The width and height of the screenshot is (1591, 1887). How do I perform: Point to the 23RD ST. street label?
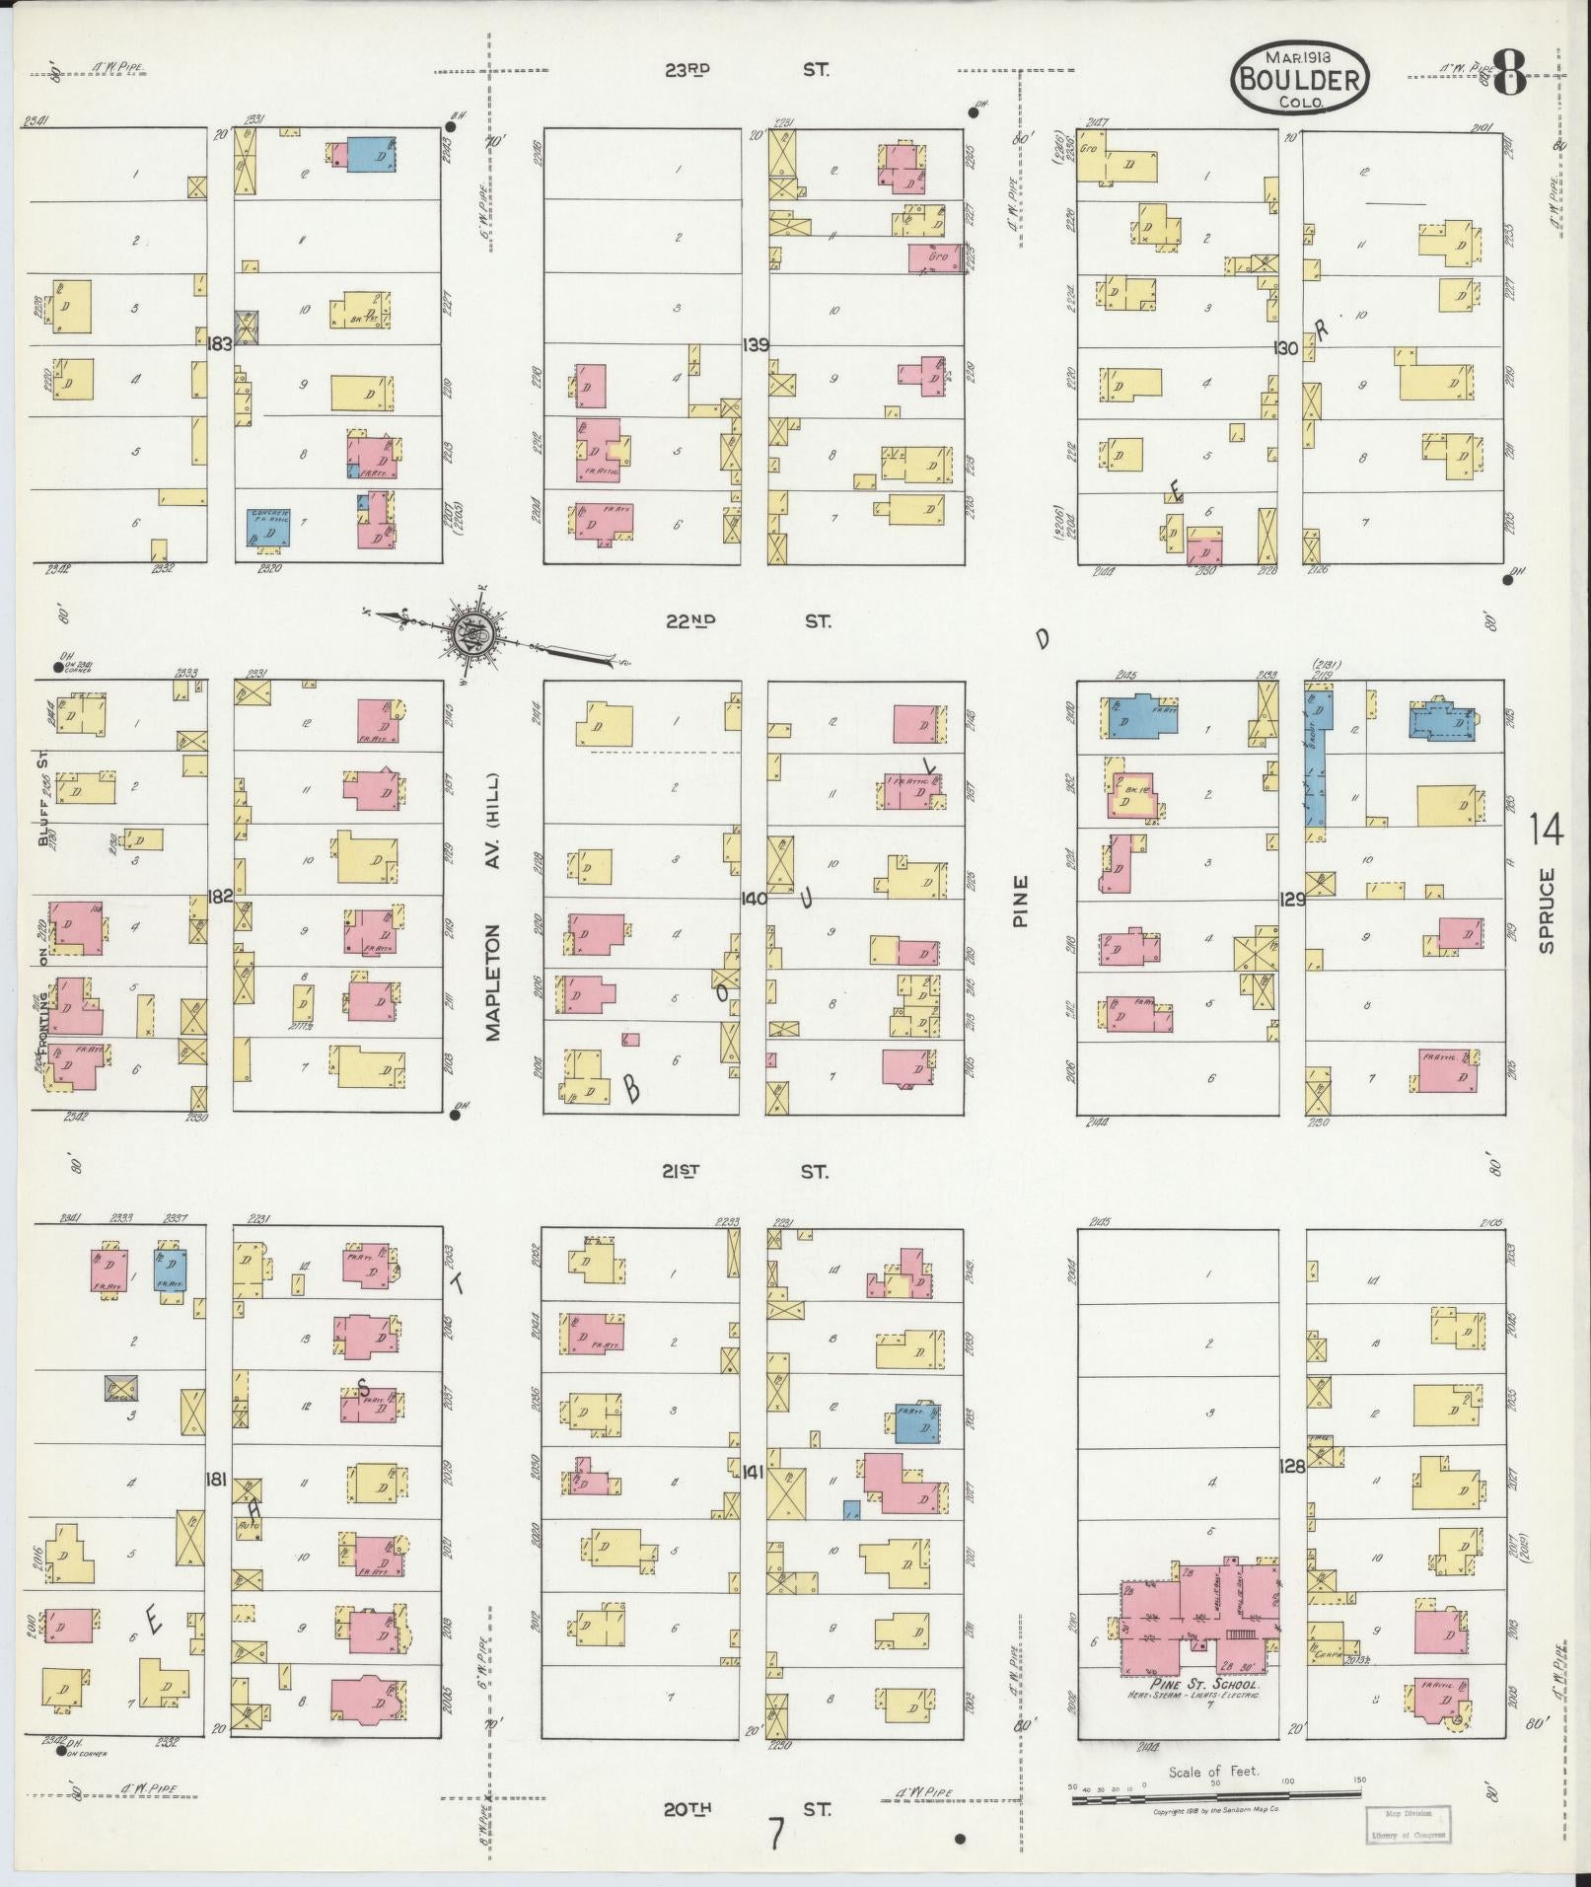(x=746, y=70)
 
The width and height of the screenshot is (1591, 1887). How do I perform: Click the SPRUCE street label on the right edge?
(x=1545, y=909)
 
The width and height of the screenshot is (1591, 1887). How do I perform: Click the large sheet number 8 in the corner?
(x=1510, y=74)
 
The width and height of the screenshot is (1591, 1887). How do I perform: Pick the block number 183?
(x=219, y=344)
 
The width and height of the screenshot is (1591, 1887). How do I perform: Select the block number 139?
(x=756, y=344)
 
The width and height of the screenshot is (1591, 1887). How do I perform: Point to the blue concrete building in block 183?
(x=268, y=527)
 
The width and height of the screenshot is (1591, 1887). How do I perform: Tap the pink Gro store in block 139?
(x=935, y=258)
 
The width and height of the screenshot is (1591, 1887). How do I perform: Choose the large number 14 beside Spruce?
(x=1546, y=830)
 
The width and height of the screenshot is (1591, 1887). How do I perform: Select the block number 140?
(x=755, y=898)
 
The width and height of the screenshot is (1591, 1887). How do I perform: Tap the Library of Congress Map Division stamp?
(x=1408, y=1824)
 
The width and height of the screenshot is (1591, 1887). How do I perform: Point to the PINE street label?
(x=1020, y=901)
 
